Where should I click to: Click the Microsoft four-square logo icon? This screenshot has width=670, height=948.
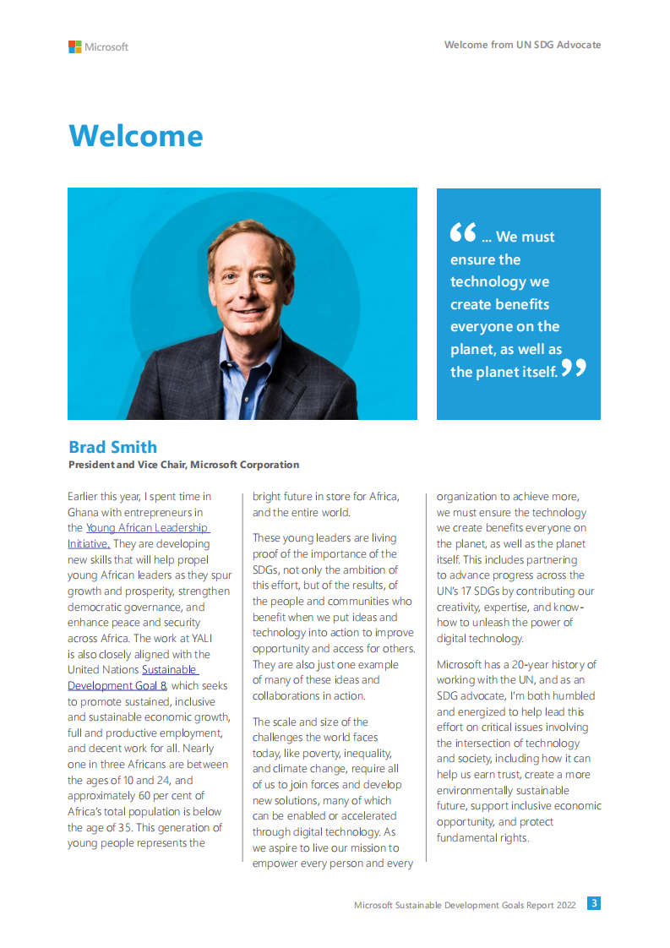pos(75,46)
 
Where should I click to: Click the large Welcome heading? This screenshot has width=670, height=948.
pos(135,136)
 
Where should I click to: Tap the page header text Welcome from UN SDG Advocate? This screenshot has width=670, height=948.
pos(522,45)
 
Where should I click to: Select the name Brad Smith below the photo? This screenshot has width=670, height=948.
pos(112,447)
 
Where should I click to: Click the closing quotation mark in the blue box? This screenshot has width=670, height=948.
pos(574,368)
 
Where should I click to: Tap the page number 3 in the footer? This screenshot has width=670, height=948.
pos(594,903)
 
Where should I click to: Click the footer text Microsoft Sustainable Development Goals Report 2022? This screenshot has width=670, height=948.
pos(465,905)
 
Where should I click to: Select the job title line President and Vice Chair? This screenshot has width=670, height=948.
pos(183,465)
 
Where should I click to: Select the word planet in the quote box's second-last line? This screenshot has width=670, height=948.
pos(473,349)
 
